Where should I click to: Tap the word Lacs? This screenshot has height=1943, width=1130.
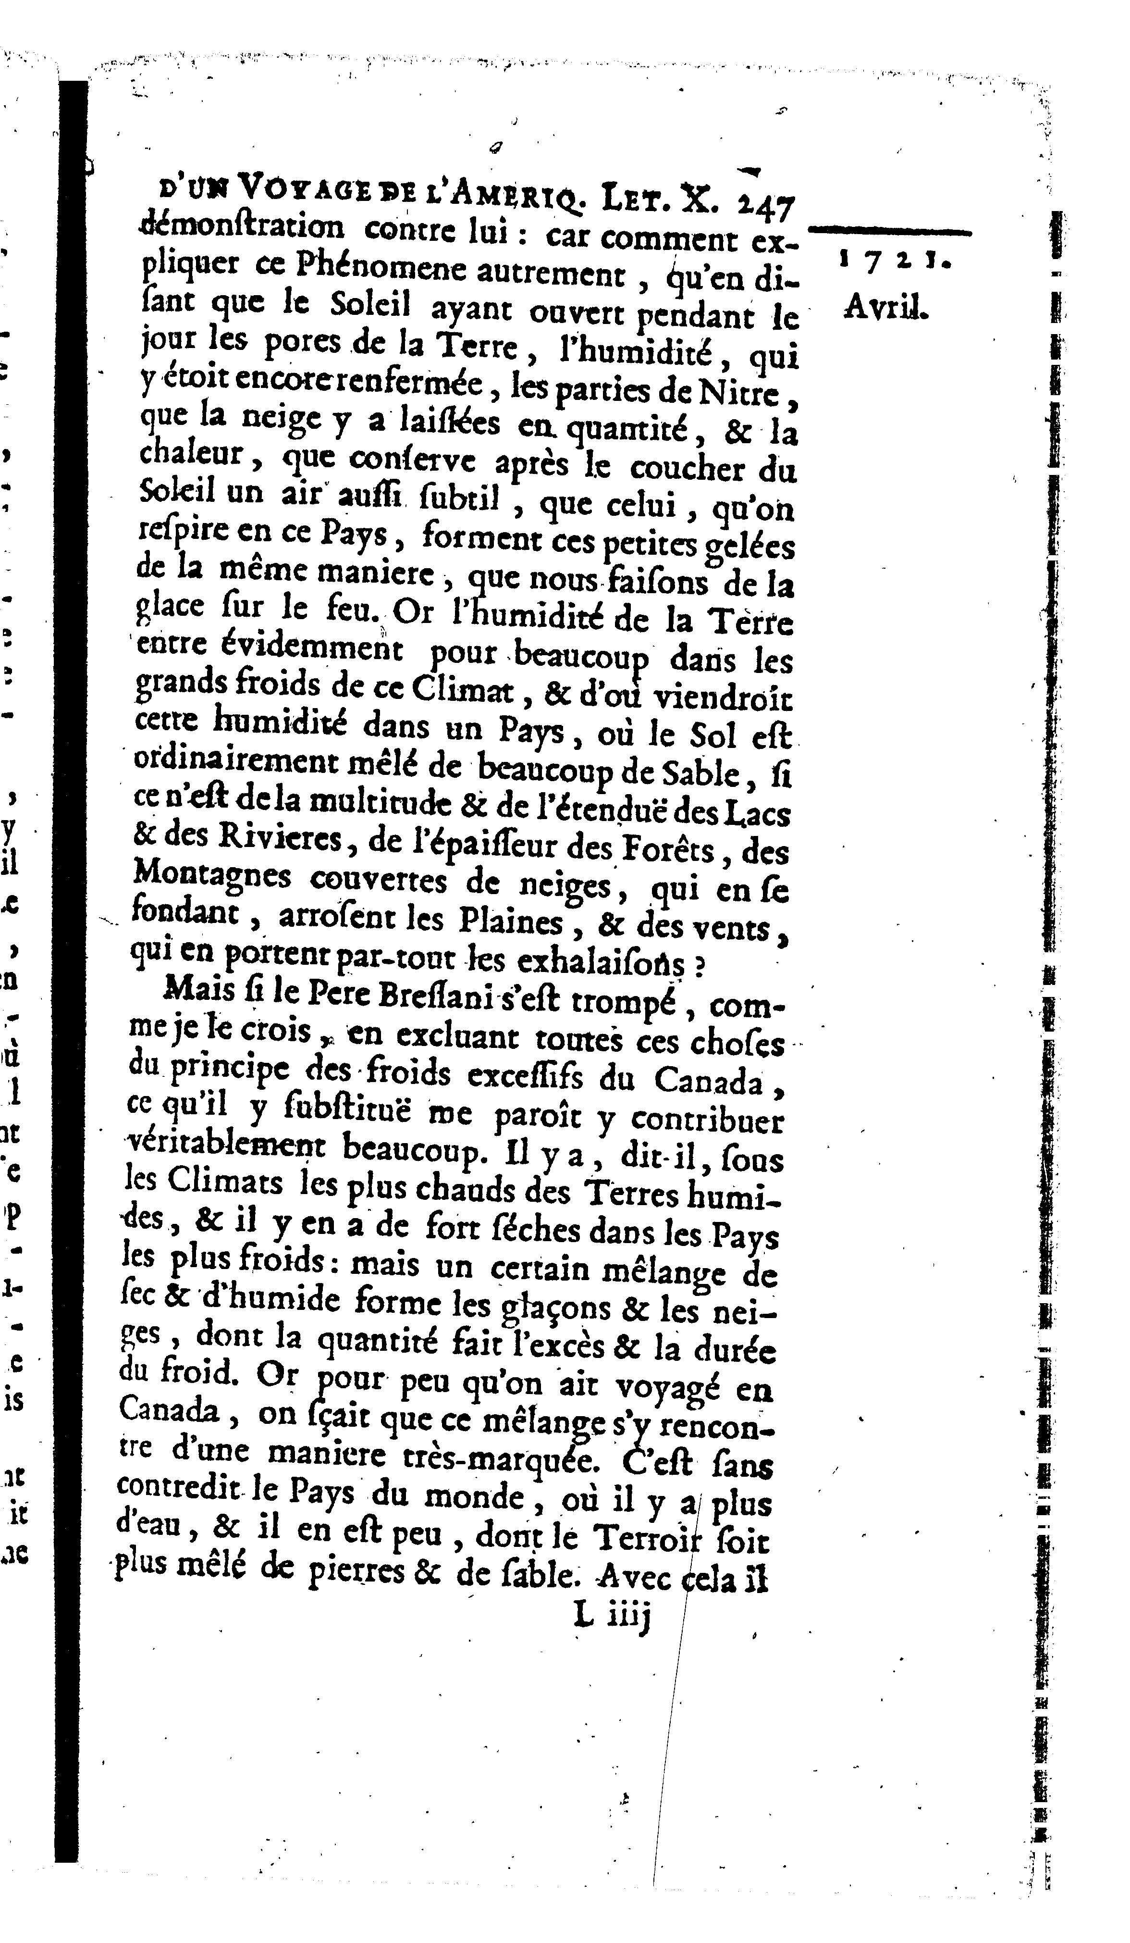pyautogui.click(x=757, y=815)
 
